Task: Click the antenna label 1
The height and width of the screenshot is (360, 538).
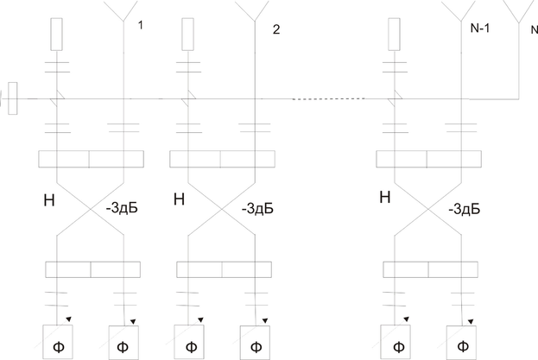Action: tap(141, 26)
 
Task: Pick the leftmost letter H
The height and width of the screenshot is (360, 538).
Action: tap(48, 200)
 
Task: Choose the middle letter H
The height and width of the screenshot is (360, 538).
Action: tap(180, 200)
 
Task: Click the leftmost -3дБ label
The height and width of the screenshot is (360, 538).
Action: tap(121, 208)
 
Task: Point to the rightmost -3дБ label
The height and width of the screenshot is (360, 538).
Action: tap(463, 208)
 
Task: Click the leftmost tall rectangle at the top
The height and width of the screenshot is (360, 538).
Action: tap(57, 34)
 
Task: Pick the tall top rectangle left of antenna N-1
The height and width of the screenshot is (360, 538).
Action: tap(394, 34)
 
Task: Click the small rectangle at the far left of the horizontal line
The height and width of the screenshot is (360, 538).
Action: tap(13, 98)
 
